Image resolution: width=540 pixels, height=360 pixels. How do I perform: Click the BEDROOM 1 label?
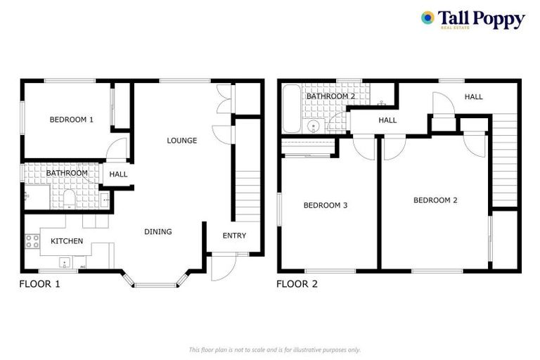coord(71,120)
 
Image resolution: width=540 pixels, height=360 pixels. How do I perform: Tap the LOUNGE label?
coord(181,141)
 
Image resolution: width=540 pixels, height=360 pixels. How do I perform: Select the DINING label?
coord(158,232)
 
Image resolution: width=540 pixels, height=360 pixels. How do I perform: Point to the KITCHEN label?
coord(67,241)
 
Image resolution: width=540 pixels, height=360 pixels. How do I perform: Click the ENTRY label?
coord(234,236)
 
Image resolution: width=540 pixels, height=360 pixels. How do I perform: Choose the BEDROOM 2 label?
coord(435,200)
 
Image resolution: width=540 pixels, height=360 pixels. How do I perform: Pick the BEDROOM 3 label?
coord(326,205)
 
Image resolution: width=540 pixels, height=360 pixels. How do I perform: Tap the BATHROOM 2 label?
coord(330,96)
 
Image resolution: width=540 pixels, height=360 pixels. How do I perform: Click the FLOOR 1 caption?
coord(39,285)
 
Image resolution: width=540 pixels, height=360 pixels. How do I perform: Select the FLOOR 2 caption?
coord(297,285)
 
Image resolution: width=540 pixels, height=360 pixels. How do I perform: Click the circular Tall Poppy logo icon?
coord(427,18)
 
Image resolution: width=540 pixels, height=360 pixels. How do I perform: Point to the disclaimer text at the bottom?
coord(274,349)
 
